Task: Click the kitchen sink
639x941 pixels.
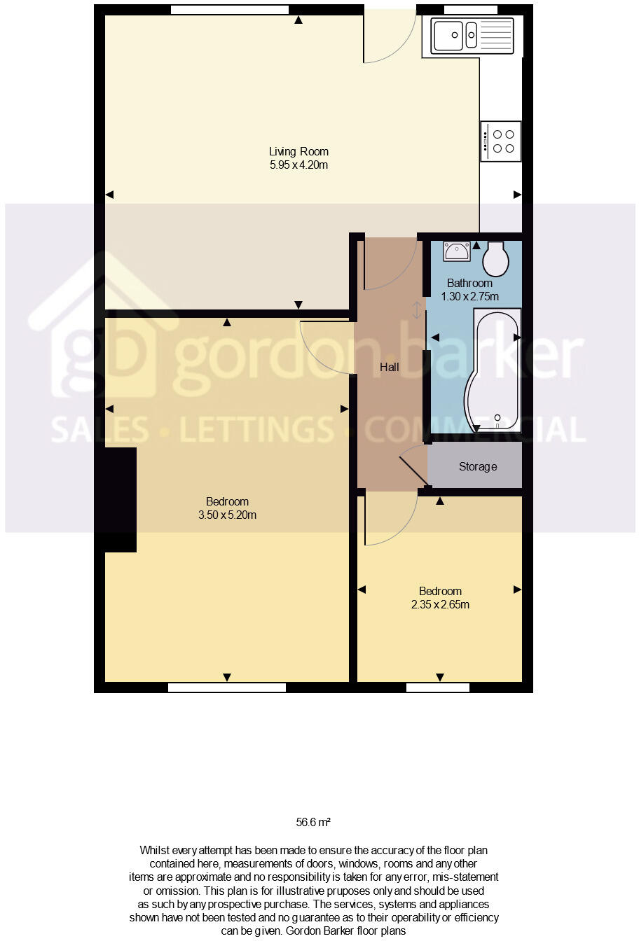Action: click(x=467, y=35)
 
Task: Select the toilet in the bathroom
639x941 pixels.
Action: click(x=496, y=260)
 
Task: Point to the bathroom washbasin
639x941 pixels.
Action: click(x=457, y=251)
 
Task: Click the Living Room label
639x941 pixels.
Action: click(x=298, y=151)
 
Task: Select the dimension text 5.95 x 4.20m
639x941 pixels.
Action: click(x=298, y=165)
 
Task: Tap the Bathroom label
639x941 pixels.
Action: click(x=469, y=283)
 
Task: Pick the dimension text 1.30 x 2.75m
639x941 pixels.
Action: click(x=469, y=296)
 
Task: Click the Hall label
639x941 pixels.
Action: click(x=390, y=367)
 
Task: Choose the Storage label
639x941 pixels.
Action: click(x=478, y=466)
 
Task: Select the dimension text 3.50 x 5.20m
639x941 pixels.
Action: click(x=227, y=515)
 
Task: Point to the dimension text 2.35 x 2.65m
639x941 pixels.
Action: click(x=440, y=604)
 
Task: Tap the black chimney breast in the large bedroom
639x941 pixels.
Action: click(x=120, y=499)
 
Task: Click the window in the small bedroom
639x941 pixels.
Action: click(x=438, y=688)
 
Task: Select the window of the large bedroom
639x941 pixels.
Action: click(x=227, y=688)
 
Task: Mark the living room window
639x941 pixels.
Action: click(x=230, y=10)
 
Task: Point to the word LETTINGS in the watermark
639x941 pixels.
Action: click(x=256, y=429)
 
